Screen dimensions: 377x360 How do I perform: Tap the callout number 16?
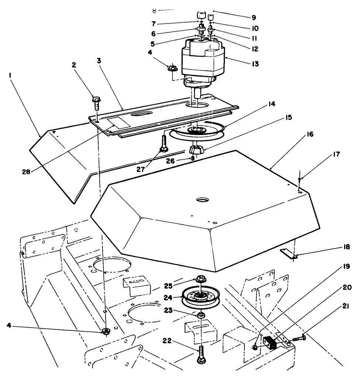309,134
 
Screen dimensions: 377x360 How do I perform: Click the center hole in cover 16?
202,200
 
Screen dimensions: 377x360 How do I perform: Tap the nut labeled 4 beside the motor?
172,68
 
